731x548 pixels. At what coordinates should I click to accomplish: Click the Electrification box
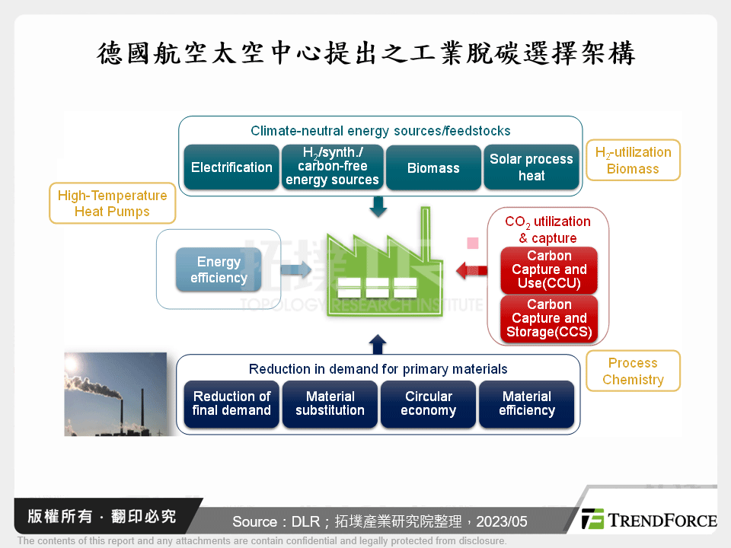tap(231, 167)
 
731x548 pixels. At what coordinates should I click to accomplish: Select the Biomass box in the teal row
tap(433, 167)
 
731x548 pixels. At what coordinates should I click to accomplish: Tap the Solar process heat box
tap(531, 167)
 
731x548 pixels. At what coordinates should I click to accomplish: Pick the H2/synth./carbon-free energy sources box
tap(332, 167)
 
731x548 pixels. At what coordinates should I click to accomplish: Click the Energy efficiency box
tap(219, 270)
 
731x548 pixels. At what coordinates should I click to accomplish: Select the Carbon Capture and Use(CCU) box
tap(549, 270)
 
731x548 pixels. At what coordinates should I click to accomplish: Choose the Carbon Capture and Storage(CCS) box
tap(549, 318)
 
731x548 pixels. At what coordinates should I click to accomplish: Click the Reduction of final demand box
tap(231, 403)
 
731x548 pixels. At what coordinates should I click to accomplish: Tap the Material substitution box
tap(330, 403)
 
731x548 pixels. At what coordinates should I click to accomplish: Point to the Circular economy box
tap(428, 403)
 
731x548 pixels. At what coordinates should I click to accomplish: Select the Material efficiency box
tap(526, 403)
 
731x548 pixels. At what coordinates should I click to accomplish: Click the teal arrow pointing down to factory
tap(378, 206)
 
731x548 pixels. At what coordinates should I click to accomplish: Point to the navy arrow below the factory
tap(378, 345)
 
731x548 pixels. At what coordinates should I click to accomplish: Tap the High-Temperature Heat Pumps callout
tap(112, 203)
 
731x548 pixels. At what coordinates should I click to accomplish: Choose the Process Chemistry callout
tap(633, 371)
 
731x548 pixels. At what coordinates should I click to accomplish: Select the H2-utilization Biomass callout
tap(633, 160)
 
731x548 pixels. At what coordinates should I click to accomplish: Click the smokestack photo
tap(115, 393)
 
